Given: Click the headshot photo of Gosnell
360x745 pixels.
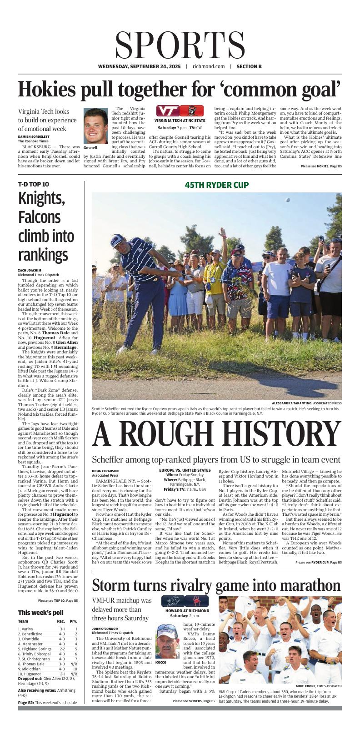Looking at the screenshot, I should (95, 126).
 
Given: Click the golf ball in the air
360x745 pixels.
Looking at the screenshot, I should (287, 200).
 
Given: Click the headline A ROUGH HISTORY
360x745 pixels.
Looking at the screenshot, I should (216, 434).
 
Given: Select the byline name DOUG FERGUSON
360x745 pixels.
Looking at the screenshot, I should (105, 471).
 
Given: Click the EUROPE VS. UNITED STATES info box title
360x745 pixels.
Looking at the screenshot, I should (185, 470).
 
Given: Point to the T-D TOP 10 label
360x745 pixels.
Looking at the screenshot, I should (33, 185).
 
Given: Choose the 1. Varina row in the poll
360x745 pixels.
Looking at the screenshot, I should (27, 629).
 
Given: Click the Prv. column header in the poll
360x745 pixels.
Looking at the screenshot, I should (73, 621).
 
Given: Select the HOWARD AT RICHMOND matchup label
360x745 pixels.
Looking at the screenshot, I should (185, 611).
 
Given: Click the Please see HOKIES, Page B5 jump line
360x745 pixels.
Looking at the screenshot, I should (321, 166).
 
